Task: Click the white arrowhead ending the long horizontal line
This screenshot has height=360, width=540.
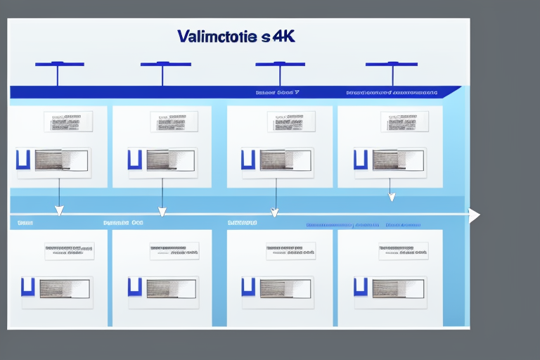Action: pos(475,214)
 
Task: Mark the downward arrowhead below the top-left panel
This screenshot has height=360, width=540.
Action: pos(59,210)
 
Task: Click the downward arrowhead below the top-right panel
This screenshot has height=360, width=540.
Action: pos(392,197)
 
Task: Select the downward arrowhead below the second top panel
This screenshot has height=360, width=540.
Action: pos(162,211)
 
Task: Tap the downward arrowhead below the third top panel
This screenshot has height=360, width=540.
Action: pos(275,212)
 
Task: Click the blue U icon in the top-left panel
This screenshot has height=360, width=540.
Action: pos(22,159)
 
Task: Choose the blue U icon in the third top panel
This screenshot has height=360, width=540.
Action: pos(247,159)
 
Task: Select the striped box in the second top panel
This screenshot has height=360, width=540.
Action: pos(168,160)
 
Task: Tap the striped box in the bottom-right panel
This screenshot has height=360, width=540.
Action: pos(397,288)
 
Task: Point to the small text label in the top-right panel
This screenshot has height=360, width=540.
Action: pos(404,121)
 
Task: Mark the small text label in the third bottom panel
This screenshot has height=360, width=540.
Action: pos(290,251)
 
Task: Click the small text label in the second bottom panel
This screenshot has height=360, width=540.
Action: pos(174,251)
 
